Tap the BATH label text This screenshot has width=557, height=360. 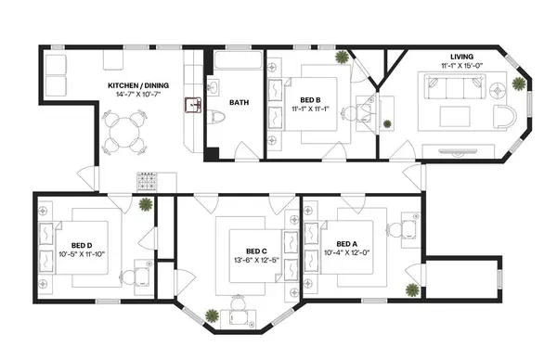[239, 103]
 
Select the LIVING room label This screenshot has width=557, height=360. [461, 56]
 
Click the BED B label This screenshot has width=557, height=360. [310, 99]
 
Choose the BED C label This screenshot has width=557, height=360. [257, 251]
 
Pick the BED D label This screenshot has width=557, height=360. [79, 243]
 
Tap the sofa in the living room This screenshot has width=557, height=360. [454, 88]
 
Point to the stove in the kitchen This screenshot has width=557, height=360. [149, 180]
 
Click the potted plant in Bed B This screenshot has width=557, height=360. [343, 58]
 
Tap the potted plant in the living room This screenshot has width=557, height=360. [517, 84]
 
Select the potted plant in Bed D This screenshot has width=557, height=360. [145, 204]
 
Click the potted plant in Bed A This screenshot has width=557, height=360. [409, 289]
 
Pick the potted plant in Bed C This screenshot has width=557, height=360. [214, 315]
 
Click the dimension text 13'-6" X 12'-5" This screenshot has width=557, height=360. [257, 261]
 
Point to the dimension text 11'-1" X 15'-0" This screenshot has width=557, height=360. [461, 66]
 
